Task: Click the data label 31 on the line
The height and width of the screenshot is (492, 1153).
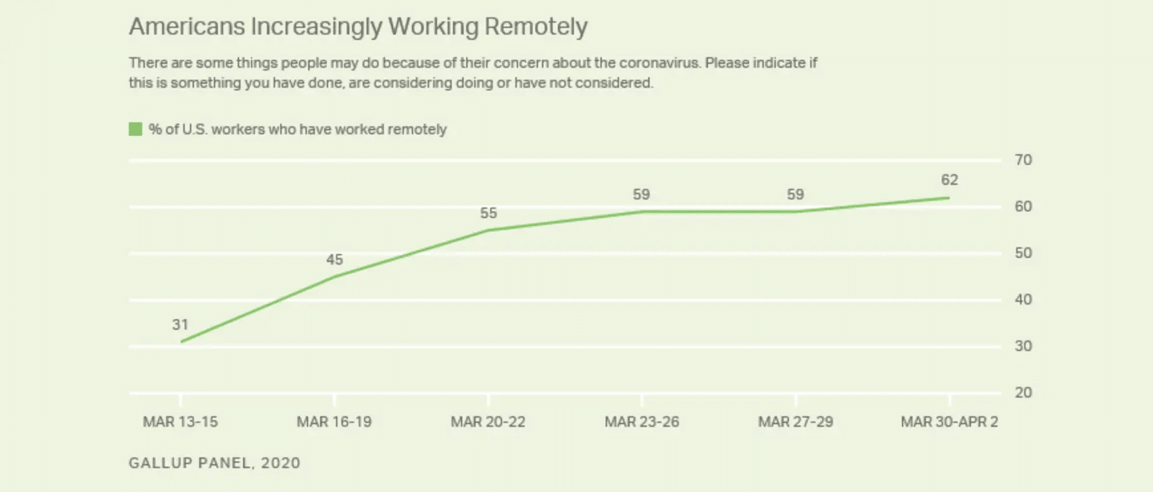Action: tap(180, 324)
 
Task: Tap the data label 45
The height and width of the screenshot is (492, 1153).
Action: tap(334, 259)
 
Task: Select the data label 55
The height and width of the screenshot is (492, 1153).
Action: tap(488, 213)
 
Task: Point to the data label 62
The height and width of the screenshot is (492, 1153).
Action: tap(949, 180)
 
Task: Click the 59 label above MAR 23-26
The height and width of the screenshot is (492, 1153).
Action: tap(641, 194)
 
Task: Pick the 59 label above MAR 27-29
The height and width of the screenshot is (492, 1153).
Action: tap(795, 194)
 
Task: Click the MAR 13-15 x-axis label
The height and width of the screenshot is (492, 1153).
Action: tap(180, 422)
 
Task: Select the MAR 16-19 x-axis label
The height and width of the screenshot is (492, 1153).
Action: tap(334, 422)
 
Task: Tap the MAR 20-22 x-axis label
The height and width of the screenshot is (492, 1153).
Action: tap(488, 422)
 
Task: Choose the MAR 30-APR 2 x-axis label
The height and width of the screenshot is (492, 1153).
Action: tap(949, 422)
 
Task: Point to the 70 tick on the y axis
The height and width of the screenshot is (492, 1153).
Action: tap(1023, 160)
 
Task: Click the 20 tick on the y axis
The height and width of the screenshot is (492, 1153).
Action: tap(1023, 392)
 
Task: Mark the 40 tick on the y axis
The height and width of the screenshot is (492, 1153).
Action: tap(1023, 299)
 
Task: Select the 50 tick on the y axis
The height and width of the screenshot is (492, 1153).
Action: tap(1023, 253)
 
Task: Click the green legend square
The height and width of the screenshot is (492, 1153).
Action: tap(135, 129)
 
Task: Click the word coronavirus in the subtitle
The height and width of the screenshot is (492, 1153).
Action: tap(659, 62)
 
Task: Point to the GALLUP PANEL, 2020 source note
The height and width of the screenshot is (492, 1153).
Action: tap(215, 463)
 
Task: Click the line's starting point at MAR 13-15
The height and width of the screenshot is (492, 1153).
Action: tap(181, 342)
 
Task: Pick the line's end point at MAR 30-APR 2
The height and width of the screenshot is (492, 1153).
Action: tap(949, 197)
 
